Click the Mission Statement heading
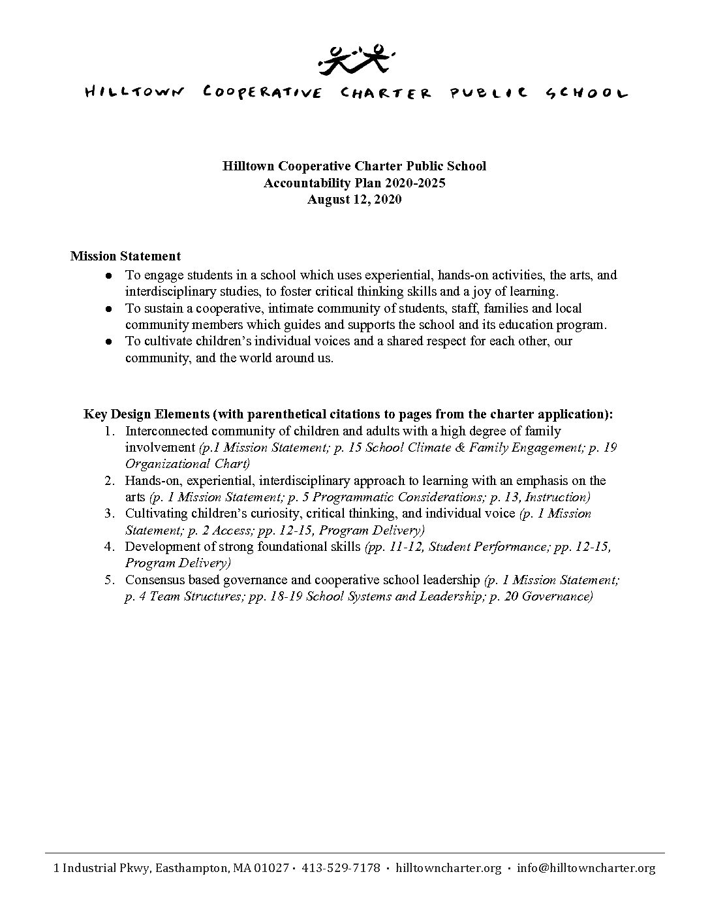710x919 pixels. click(x=125, y=256)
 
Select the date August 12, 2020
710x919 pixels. click(x=354, y=200)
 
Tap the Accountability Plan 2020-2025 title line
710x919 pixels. click(x=354, y=183)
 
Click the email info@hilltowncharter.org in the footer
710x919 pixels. click(x=585, y=868)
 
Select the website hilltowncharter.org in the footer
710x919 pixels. click(x=448, y=868)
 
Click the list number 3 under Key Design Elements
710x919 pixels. click(x=110, y=513)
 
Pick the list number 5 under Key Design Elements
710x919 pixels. click(x=110, y=580)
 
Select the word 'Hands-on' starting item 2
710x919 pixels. click(x=149, y=480)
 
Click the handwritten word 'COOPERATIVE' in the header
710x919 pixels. click(x=262, y=93)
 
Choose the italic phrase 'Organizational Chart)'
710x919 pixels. click(x=187, y=464)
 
